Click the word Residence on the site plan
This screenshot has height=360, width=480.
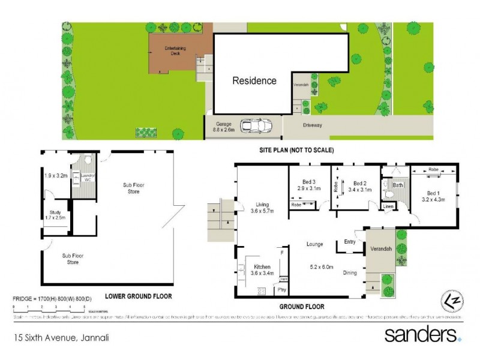click(x=254, y=80)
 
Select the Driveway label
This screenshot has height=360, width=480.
click(x=313, y=125)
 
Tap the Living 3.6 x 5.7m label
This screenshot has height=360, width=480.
click(x=262, y=208)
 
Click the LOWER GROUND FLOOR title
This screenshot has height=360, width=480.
click(x=138, y=296)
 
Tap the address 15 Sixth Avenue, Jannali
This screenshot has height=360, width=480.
click(x=61, y=338)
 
